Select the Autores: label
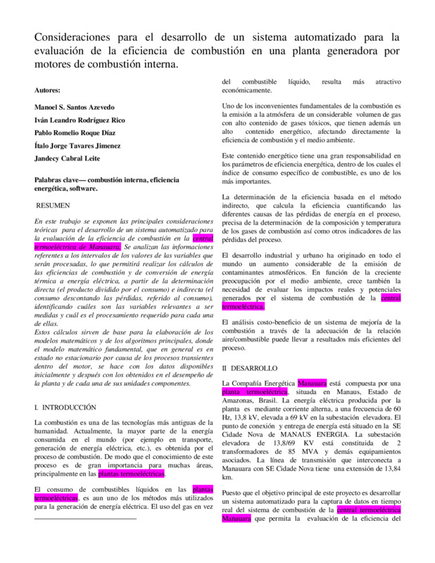pos(48,90)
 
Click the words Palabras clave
pos(58,179)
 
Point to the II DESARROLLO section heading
pos(250,368)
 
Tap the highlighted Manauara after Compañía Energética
pos(312,384)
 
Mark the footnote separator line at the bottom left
pos(85,518)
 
